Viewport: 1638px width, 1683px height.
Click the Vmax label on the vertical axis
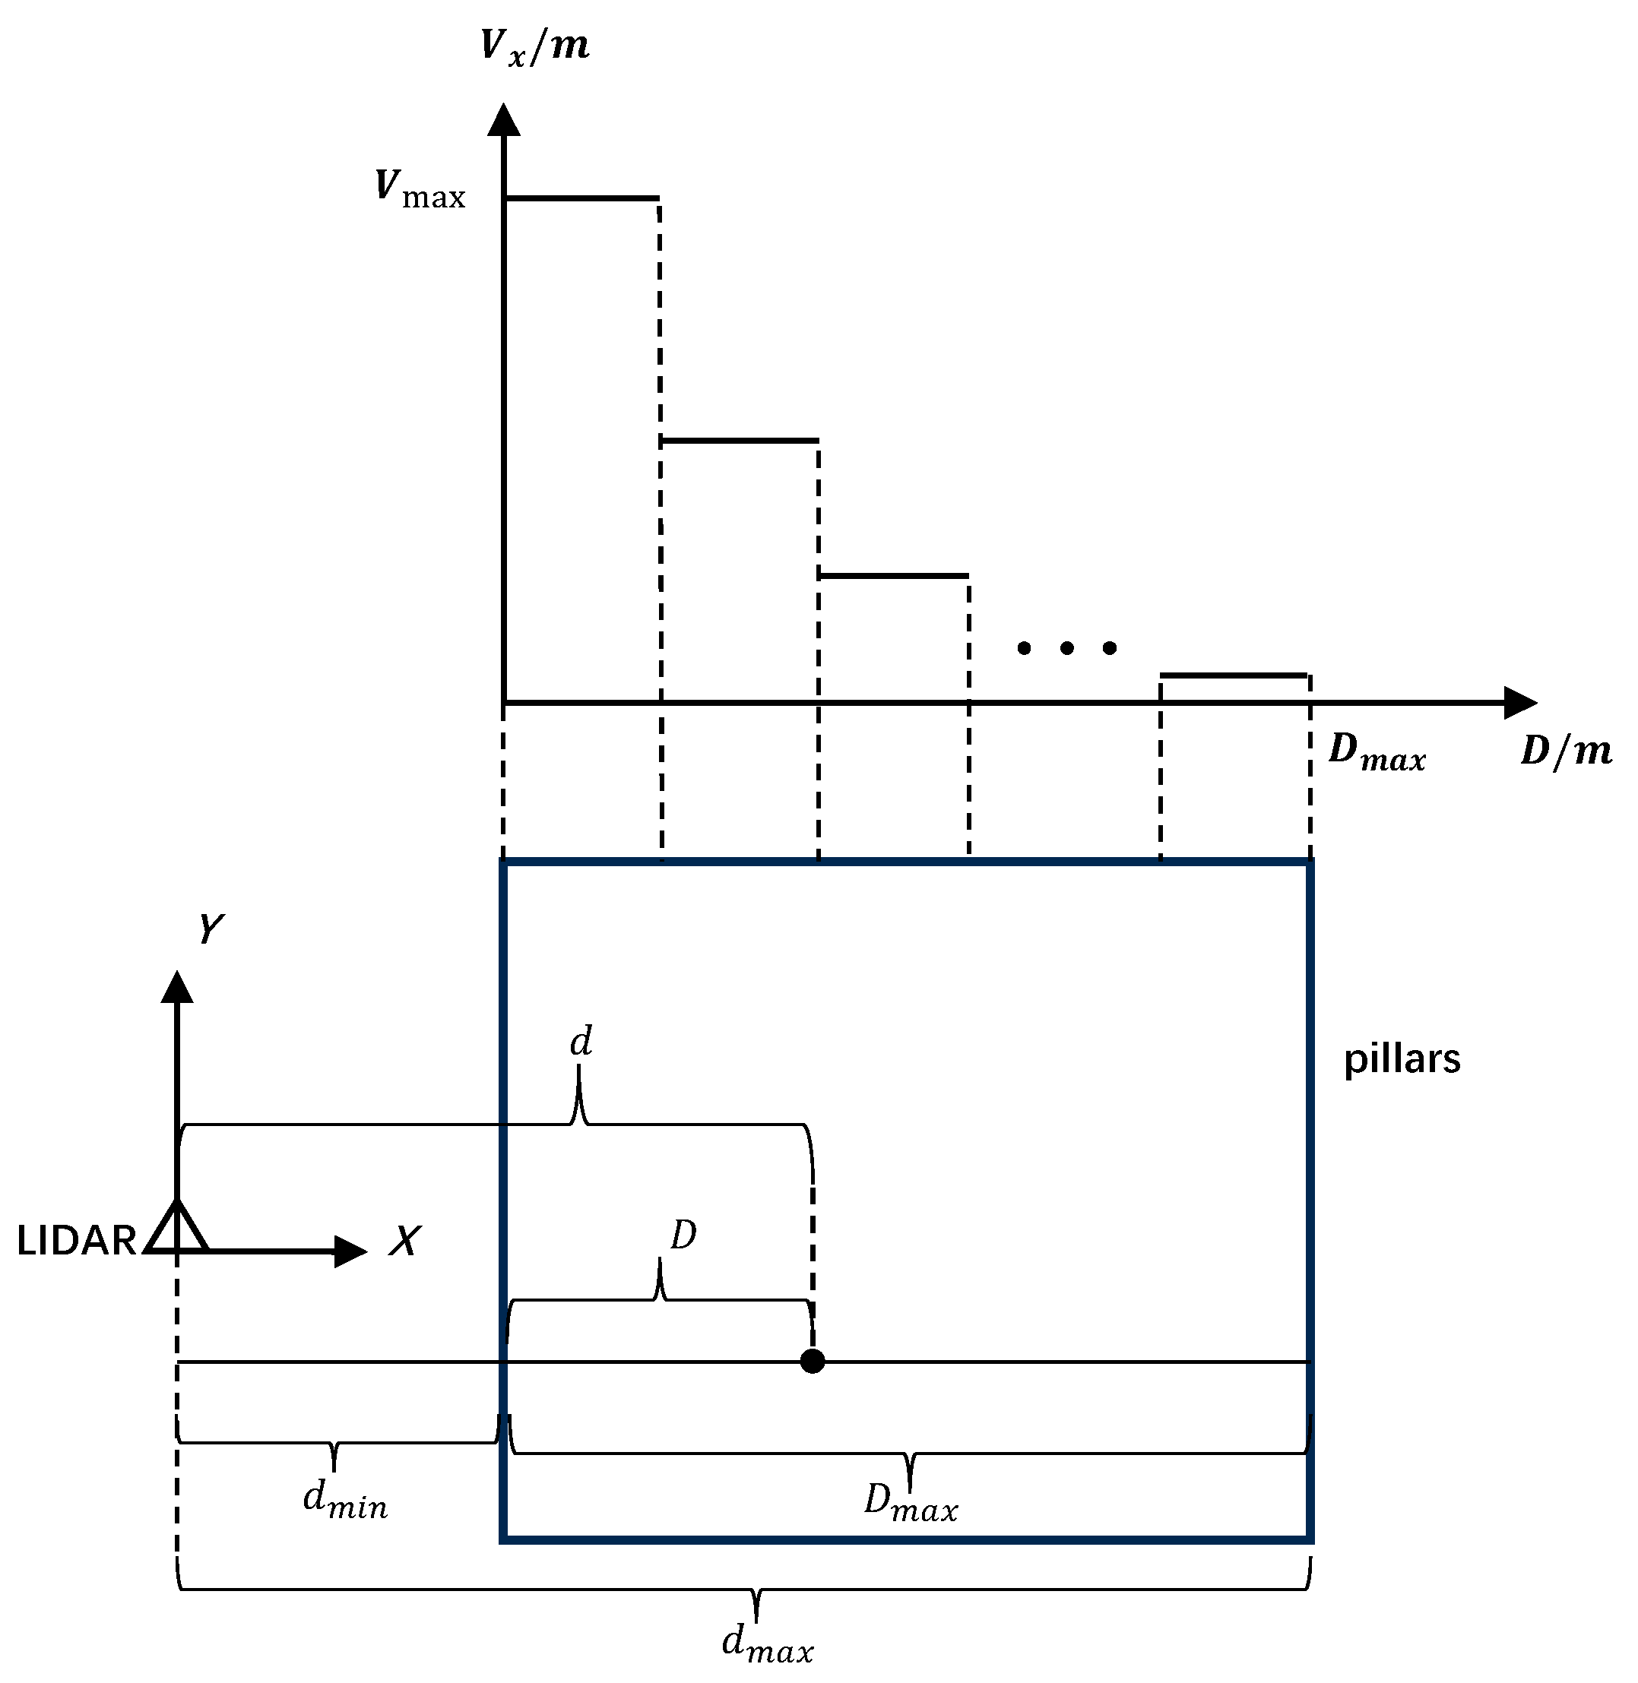[420, 190]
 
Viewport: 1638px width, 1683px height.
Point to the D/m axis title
[1566, 751]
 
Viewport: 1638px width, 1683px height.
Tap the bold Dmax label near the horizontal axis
[1377, 752]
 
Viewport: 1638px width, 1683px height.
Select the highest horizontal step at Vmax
[582, 198]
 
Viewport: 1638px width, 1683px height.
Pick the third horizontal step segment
[894, 575]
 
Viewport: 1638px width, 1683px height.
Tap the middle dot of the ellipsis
[1066, 647]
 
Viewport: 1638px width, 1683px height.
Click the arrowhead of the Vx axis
[504, 120]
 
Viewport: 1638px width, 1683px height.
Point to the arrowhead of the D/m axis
[1520, 703]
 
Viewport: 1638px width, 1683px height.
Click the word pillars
[1402, 1058]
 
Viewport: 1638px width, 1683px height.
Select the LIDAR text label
[77, 1241]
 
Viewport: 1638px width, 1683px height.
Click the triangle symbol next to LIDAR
[176, 1228]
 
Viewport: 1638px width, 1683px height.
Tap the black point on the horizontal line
[812, 1362]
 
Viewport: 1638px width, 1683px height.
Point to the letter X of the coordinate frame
[404, 1241]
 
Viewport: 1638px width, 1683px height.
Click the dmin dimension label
[345, 1502]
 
